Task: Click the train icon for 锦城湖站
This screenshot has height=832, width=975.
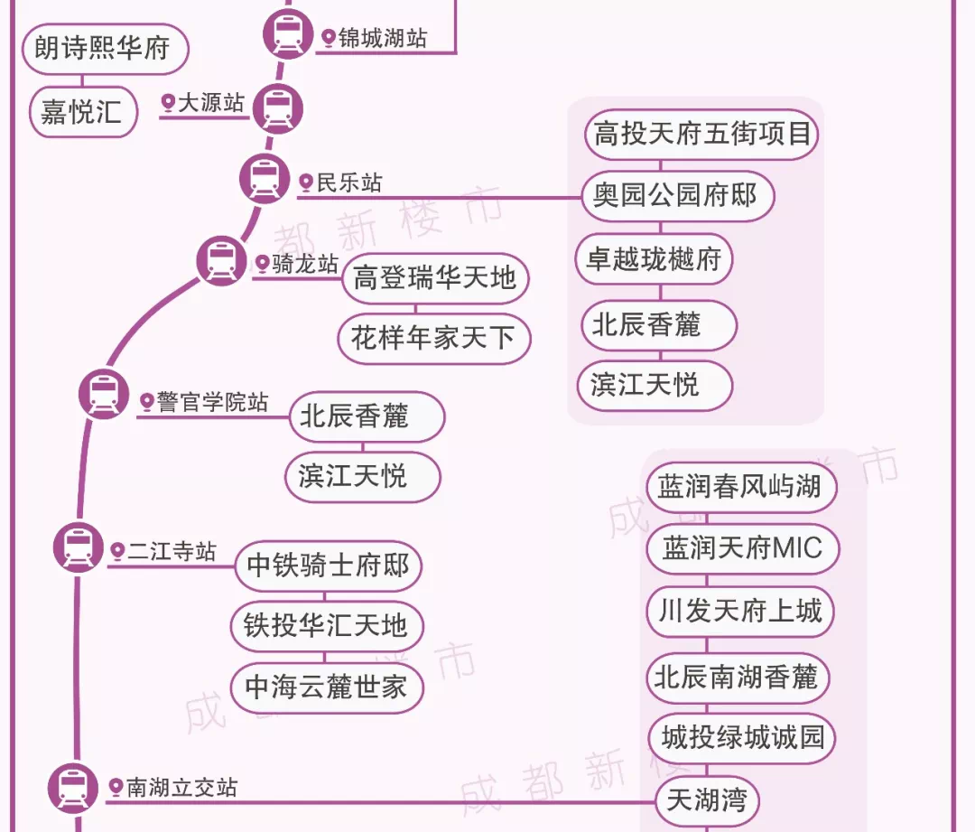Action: (x=288, y=35)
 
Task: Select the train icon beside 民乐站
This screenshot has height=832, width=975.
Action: (x=265, y=177)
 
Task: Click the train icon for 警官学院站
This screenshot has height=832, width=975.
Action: (x=104, y=394)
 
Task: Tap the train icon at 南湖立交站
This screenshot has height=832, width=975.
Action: (x=73, y=787)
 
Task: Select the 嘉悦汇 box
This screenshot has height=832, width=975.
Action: (x=83, y=112)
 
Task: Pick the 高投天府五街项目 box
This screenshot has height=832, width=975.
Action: (x=701, y=135)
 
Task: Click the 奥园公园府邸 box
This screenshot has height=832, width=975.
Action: (x=675, y=195)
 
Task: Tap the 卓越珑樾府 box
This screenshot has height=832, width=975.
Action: (x=655, y=259)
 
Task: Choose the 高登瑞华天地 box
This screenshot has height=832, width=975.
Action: (x=434, y=277)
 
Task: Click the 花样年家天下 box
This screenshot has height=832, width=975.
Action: (x=434, y=339)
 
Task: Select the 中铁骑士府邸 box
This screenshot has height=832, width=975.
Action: (x=329, y=566)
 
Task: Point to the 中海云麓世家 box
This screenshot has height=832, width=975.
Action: (x=327, y=687)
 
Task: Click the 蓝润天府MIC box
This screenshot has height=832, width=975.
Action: (x=742, y=548)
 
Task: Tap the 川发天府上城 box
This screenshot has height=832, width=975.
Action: (x=740, y=612)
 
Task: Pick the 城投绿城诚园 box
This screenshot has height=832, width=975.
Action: (x=742, y=738)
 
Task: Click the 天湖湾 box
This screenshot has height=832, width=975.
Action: (x=708, y=800)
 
